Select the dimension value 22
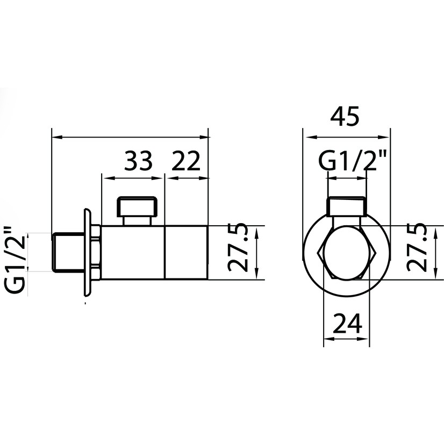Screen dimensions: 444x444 click(186, 161)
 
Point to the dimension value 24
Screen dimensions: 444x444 click(347, 324)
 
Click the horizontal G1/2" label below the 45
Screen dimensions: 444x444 click(353, 161)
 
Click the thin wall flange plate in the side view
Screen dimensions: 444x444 click(85, 252)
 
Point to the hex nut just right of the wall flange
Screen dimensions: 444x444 click(95, 252)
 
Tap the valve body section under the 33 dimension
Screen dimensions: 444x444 click(132, 252)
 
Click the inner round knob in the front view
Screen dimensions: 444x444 click(347, 253)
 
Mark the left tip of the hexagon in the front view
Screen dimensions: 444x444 click(320, 253)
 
